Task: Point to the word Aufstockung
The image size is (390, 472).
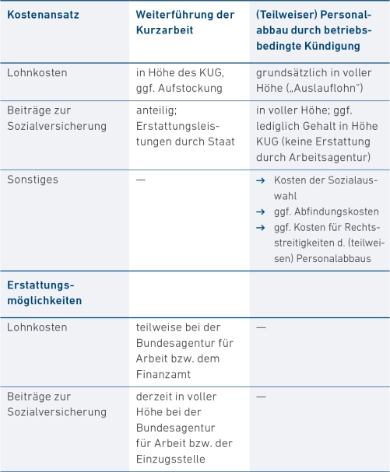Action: click(191, 87)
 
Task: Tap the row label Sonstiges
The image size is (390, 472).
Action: click(32, 180)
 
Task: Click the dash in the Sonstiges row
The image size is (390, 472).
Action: click(140, 180)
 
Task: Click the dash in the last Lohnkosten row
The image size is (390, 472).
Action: click(261, 327)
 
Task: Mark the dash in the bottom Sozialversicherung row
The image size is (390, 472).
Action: click(261, 397)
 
